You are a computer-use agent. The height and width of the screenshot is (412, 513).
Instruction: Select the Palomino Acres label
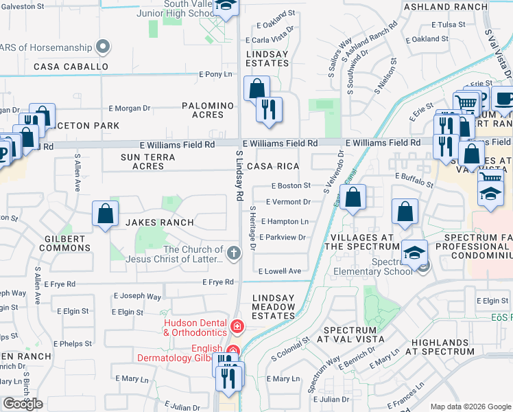pos(208,110)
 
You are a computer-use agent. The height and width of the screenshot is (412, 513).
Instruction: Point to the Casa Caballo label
pos(71,67)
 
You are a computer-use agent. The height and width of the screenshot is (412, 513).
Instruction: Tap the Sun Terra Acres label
pos(148,161)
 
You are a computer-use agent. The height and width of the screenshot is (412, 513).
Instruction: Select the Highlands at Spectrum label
pos(441,347)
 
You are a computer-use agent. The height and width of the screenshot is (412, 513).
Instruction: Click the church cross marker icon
pos(235,253)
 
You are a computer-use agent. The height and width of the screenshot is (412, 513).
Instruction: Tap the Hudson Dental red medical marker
pos(237,325)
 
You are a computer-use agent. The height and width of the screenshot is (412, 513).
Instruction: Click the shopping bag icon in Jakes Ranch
pos(105,214)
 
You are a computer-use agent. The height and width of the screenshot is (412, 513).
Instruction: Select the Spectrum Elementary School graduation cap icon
pos(414,252)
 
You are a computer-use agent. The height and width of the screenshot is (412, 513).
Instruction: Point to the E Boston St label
pos(291,185)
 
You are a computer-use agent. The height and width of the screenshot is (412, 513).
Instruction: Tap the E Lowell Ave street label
pos(281,271)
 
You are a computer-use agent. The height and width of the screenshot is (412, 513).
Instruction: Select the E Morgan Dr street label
pos(130,108)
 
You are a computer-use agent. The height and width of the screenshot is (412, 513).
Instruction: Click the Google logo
pos(23,404)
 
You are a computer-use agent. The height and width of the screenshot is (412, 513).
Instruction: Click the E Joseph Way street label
pos(140,297)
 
